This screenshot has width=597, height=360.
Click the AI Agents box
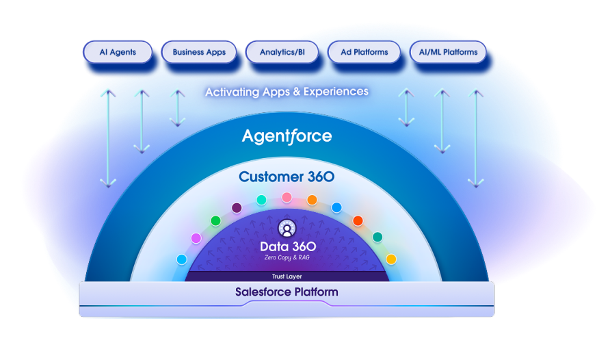[118, 52]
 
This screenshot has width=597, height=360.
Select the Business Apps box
[199, 52]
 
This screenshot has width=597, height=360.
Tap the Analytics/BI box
[282, 52]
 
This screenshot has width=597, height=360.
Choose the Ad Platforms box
[364, 52]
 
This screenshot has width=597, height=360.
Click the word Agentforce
[287, 136]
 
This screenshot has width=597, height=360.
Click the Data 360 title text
[287, 246]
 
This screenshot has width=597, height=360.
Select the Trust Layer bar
[287, 277]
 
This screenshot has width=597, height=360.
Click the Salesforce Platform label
[287, 292]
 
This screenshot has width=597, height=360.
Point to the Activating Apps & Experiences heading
[287, 91]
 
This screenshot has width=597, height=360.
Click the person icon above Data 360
[287, 229]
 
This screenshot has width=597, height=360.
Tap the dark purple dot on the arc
[237, 207]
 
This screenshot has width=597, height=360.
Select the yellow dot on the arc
[391, 259]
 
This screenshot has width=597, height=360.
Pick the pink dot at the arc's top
[287, 197]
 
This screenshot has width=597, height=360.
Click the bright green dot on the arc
[215, 220]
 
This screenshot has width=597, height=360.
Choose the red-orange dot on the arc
[358, 220]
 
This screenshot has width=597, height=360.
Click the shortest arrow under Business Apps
[177, 106]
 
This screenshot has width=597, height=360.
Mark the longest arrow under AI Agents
[108, 137]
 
